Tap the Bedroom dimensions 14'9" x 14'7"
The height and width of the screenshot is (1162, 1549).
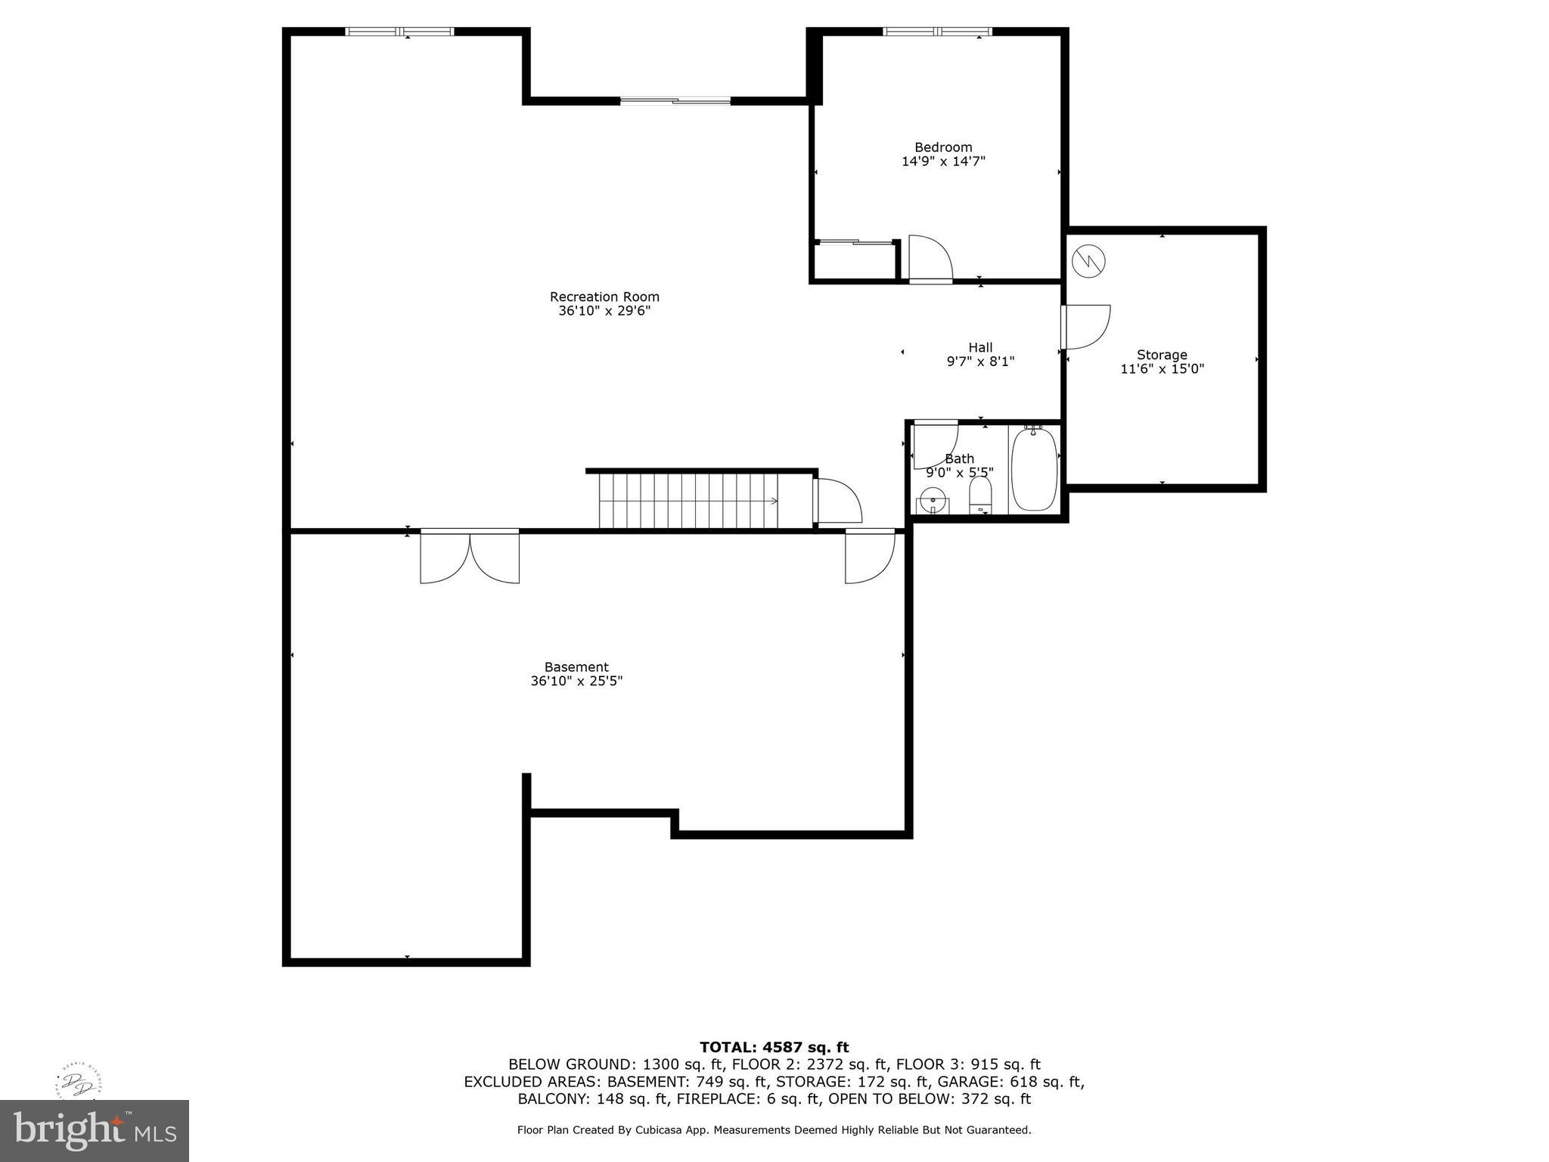943,161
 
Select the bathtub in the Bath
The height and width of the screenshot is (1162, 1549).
1033,470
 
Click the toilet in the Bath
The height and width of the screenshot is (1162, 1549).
980,496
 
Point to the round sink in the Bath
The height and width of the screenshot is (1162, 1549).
932,499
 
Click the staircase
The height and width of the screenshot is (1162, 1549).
688,500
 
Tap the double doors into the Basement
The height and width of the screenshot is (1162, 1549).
470,556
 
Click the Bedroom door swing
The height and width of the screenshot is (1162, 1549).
930,259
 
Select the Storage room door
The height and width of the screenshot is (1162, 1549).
1085,327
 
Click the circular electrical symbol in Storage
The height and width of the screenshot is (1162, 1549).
1088,261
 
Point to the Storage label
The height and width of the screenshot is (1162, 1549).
1161,355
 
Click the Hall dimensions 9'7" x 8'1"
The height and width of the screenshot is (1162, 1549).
980,362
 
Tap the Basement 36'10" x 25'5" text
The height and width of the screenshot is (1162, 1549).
576,681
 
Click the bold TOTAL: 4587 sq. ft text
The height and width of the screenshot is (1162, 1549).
774,1047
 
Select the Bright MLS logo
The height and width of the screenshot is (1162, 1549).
94,1130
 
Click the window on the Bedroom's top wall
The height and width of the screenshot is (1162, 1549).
937,32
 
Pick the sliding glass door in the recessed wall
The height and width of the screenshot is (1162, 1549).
675,100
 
